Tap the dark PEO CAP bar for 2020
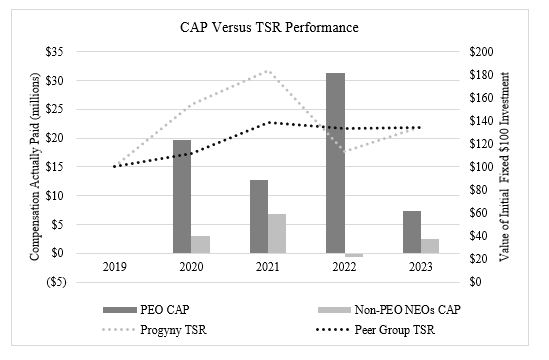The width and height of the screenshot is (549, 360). [x=182, y=196]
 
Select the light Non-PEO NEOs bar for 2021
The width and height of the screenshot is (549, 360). [x=277, y=233]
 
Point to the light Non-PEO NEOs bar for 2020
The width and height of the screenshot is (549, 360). [x=201, y=244]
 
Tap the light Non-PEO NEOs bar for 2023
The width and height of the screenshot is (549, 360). [x=430, y=246]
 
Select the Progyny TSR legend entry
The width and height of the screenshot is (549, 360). [x=164, y=328]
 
